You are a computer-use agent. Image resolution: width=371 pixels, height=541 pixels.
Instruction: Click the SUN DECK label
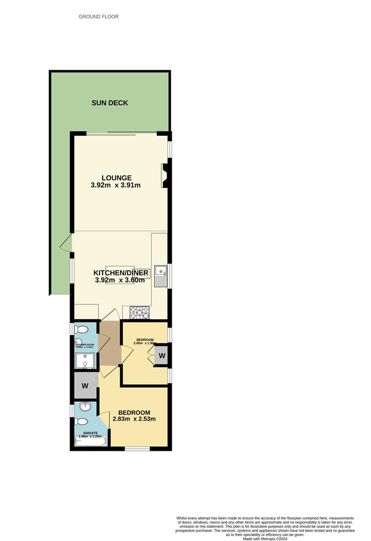tap(110, 103)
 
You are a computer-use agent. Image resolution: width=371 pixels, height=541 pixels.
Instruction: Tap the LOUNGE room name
tap(116, 178)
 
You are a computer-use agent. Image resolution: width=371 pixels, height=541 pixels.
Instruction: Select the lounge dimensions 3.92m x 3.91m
tap(116, 185)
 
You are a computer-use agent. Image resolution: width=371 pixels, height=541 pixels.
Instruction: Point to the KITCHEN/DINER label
tap(121, 273)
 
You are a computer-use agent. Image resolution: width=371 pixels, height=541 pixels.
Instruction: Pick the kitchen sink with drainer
tap(161, 276)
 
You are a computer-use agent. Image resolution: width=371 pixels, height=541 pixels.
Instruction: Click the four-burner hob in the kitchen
tap(140, 313)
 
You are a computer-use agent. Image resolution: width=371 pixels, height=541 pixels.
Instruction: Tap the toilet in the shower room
tap(81, 330)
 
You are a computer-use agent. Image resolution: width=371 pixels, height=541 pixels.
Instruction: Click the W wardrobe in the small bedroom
tap(161, 355)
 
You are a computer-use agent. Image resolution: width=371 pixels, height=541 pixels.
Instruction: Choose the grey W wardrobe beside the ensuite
tap(85, 386)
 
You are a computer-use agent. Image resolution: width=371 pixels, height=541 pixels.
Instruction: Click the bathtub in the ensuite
tap(90, 441)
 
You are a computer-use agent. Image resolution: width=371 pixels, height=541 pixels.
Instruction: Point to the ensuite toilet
tap(82, 422)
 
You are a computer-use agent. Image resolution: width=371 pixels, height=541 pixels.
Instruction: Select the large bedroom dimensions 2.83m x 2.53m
tap(134, 419)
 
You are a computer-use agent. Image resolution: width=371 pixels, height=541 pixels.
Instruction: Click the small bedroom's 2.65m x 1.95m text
tap(145, 343)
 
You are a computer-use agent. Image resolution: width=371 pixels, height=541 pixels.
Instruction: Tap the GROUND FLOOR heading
tap(99, 17)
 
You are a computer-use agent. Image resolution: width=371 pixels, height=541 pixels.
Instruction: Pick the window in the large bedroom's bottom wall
tap(137, 448)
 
